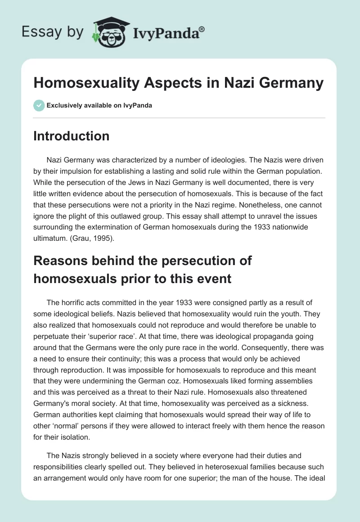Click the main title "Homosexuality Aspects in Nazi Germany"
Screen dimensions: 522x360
coord(178,83)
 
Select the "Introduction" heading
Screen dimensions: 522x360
coord(71,136)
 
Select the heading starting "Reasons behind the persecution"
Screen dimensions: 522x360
coord(143,269)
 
